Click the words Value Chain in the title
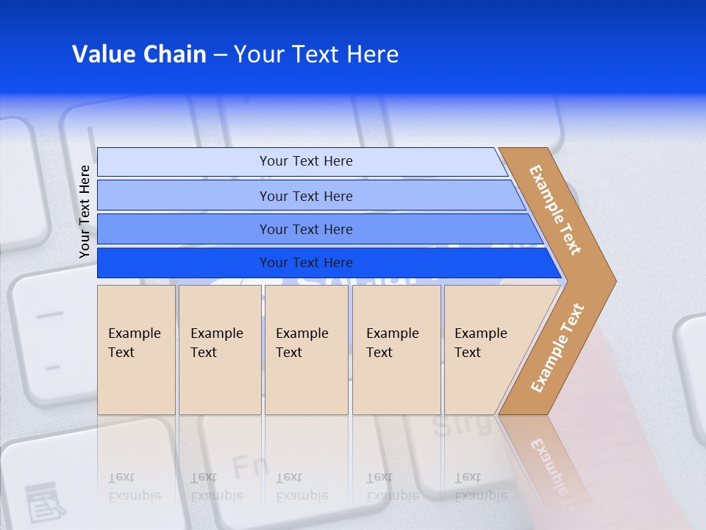click(x=139, y=54)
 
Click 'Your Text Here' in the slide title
click(x=315, y=54)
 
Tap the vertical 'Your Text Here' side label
click(x=85, y=211)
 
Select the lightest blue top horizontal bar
click(x=306, y=161)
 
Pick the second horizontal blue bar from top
click(x=306, y=196)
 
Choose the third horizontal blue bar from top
click(x=306, y=229)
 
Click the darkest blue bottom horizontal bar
click(x=306, y=263)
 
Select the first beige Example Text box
click(x=136, y=349)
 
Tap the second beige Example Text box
click(x=219, y=349)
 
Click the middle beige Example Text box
click(x=306, y=349)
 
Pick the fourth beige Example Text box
click(x=396, y=349)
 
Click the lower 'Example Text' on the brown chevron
click(x=557, y=347)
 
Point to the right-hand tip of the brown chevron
click(x=614, y=280)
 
